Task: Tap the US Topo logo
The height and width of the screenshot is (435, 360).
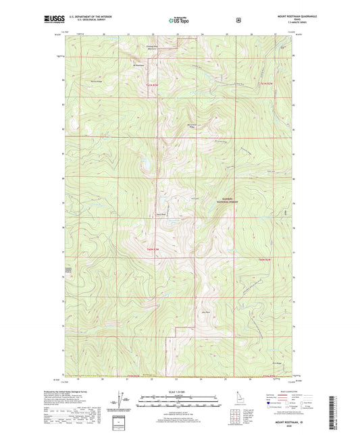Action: click(x=180, y=20)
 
